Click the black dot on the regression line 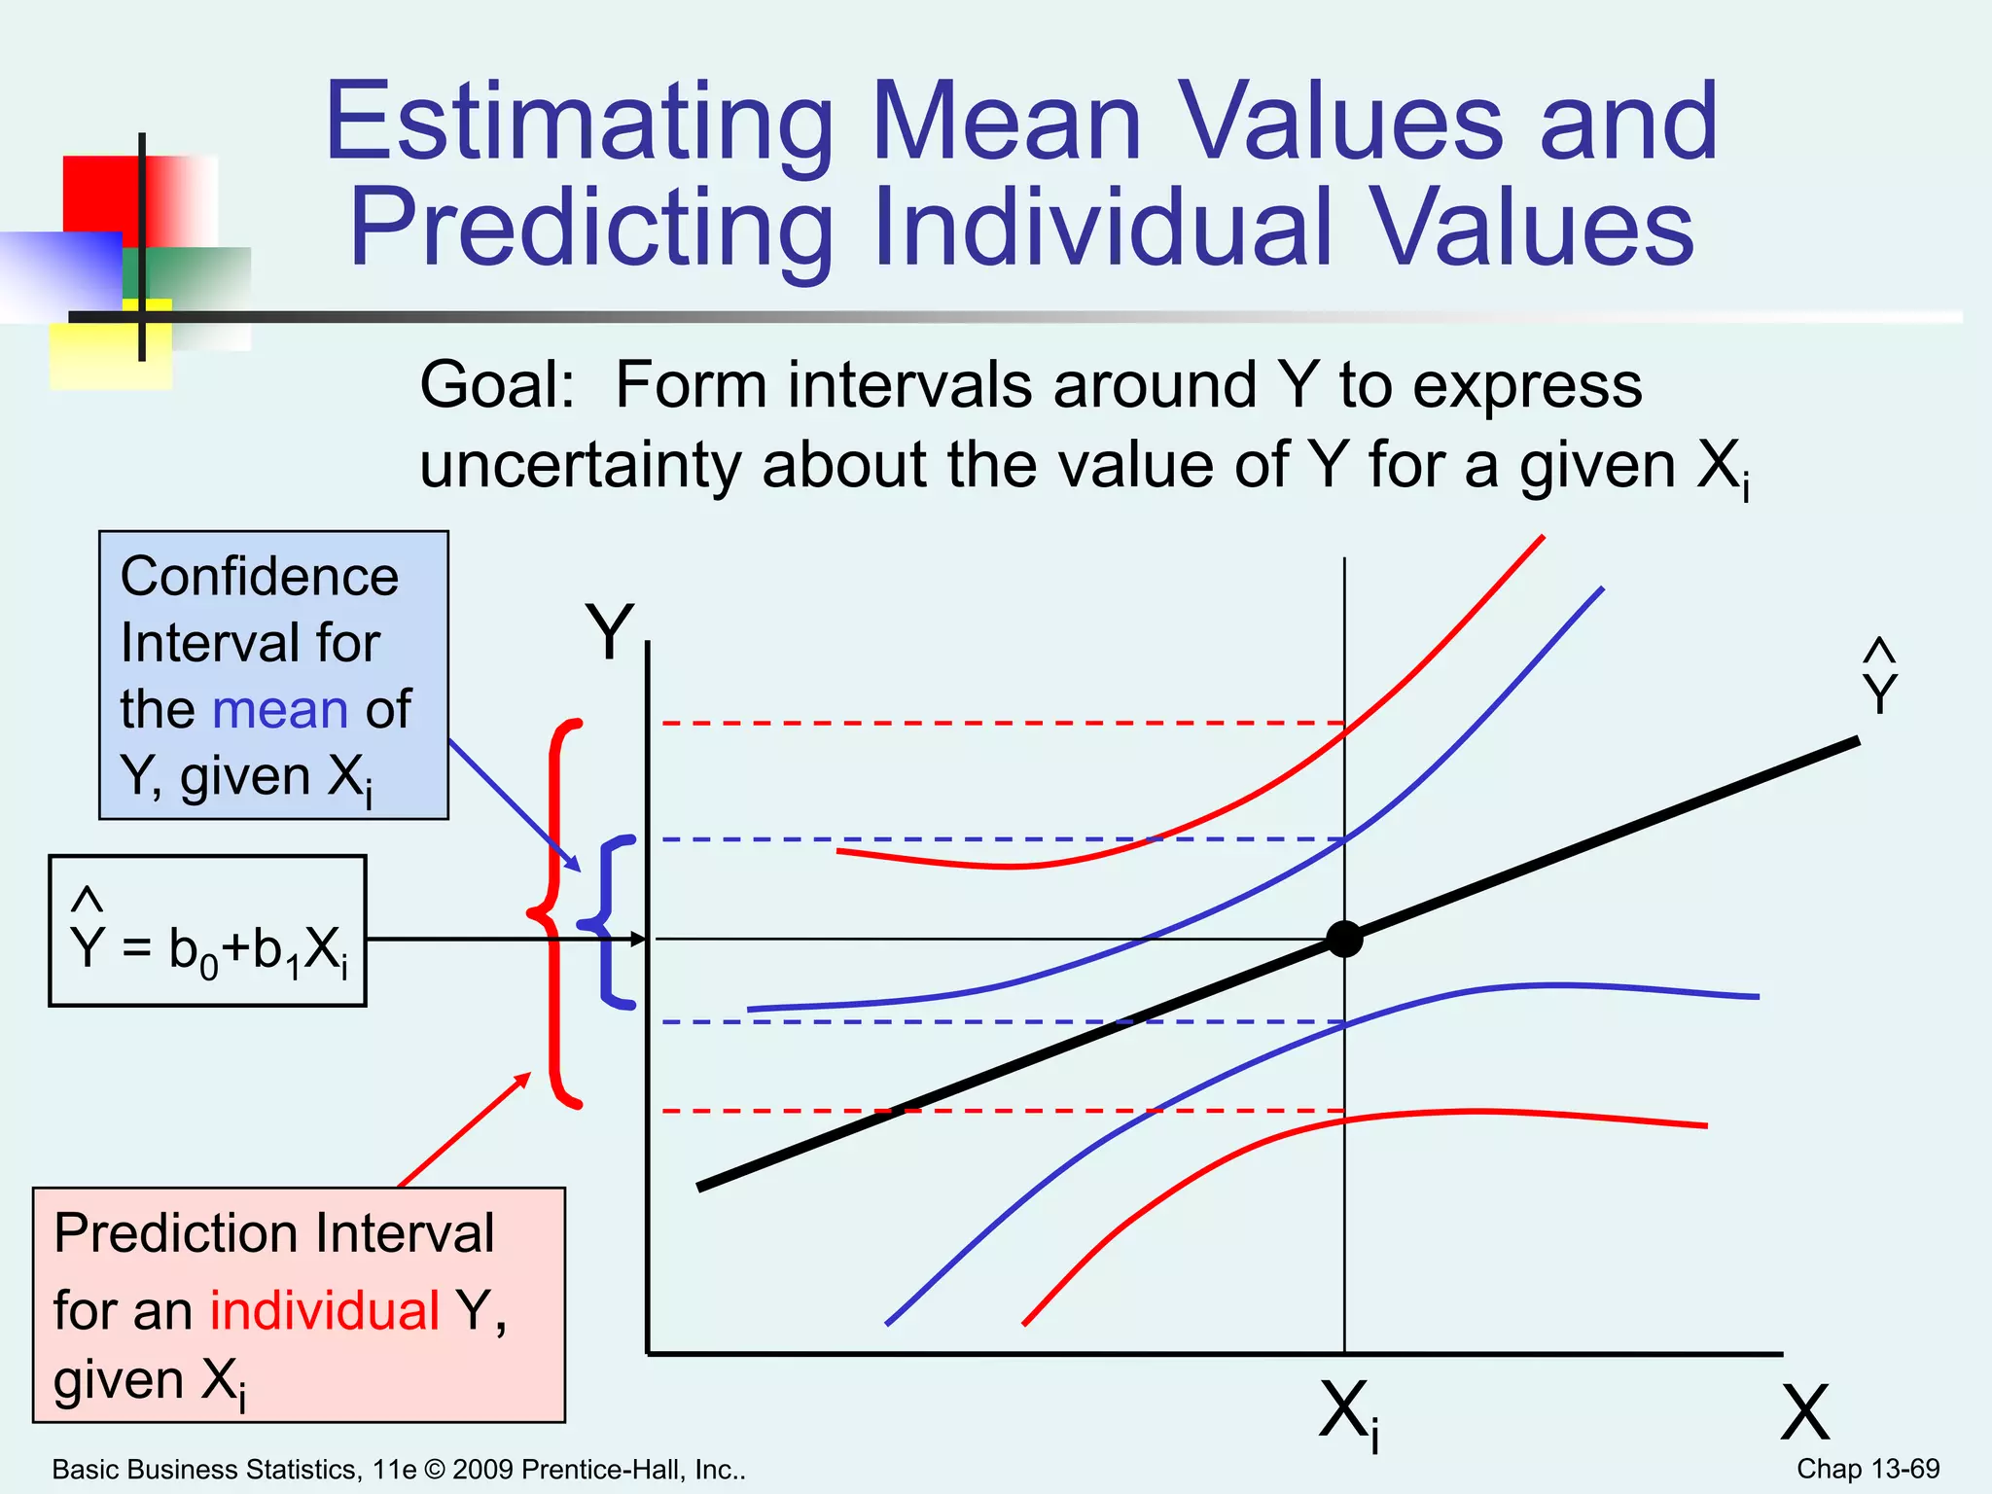point(1344,940)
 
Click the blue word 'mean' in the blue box point(280,709)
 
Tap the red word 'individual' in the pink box point(325,1310)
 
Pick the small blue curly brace point(611,920)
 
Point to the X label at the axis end point(1805,1414)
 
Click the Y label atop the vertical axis point(609,633)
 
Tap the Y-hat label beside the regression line point(1879,682)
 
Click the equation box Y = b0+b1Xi point(207,931)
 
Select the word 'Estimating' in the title point(580,124)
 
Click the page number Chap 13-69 point(1867,1469)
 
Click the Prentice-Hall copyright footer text point(399,1470)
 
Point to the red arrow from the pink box point(464,1130)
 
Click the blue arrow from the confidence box point(514,804)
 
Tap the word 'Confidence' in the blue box point(259,577)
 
